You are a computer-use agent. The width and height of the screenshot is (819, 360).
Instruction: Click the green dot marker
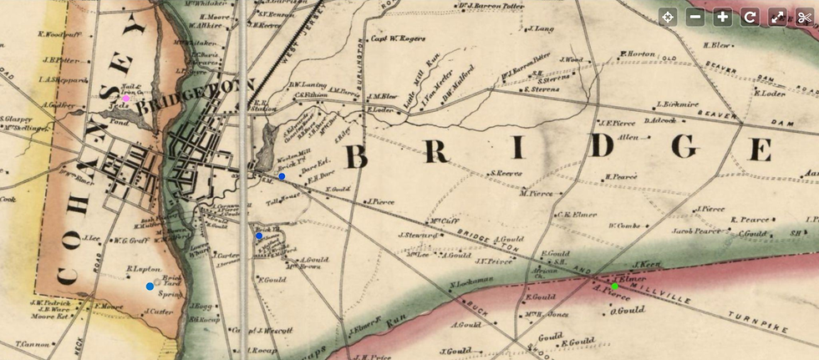tap(615, 286)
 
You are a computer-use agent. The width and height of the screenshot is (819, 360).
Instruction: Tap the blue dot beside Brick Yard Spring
tap(150, 286)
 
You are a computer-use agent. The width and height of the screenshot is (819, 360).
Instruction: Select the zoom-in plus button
tap(723, 17)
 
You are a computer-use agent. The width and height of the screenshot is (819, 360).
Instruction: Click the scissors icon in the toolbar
tap(805, 17)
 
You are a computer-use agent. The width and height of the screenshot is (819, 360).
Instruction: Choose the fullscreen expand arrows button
tap(777, 17)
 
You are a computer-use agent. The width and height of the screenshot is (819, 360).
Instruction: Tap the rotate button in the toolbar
tap(750, 17)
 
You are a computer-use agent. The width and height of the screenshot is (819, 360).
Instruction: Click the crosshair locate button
tap(668, 17)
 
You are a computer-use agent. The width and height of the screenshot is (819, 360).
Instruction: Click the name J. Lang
tap(542, 29)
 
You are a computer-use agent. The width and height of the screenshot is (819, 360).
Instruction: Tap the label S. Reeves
tap(506, 174)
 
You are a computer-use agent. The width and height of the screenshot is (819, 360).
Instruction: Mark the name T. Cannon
tap(33, 343)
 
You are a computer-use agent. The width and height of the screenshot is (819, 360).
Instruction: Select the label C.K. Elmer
tap(577, 215)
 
